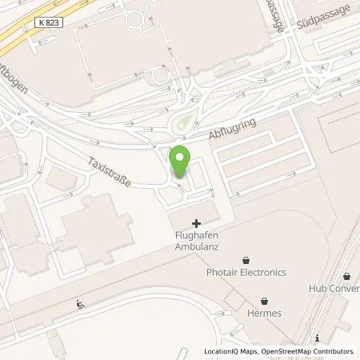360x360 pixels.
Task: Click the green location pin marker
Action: [x=181, y=162]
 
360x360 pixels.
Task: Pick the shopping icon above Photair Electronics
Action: [x=245, y=259]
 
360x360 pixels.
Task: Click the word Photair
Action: [x=222, y=272]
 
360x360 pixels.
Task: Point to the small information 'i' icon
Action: [x=318, y=338]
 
